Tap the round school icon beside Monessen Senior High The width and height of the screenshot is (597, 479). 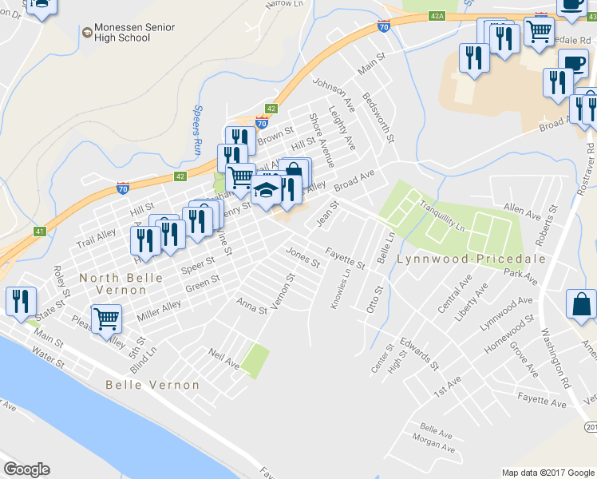pos(87,32)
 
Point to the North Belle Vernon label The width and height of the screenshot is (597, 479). pos(121,284)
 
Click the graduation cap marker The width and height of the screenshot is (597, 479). pos(267,192)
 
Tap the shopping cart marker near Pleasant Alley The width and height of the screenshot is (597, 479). pos(106,319)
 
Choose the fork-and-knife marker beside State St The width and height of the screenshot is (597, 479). pos(20,301)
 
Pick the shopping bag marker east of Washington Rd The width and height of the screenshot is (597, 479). pos(581,304)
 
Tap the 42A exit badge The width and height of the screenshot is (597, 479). pos(436,15)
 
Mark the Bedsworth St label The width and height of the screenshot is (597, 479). pos(378,117)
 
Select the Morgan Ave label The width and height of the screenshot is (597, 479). pos(433,448)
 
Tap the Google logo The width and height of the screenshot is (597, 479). pos(26,469)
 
